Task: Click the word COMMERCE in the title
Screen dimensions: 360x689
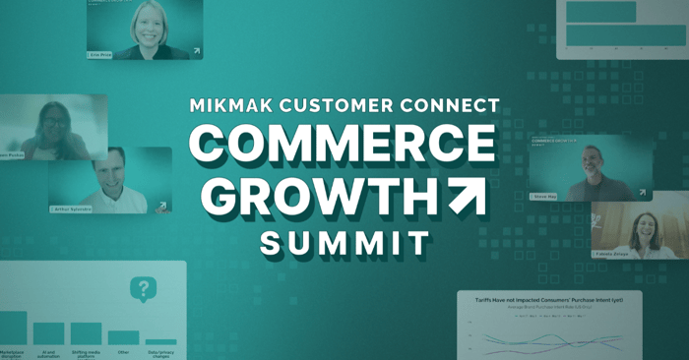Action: pos(343,146)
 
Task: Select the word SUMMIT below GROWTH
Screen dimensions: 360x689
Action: pos(344,241)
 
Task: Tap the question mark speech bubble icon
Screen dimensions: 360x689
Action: pos(144,289)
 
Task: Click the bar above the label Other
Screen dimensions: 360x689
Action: pos(123,336)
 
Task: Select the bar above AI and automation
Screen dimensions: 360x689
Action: pos(48,332)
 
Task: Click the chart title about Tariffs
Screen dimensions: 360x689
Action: pos(550,299)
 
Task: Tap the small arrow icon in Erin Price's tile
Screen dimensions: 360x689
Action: pos(196,51)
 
